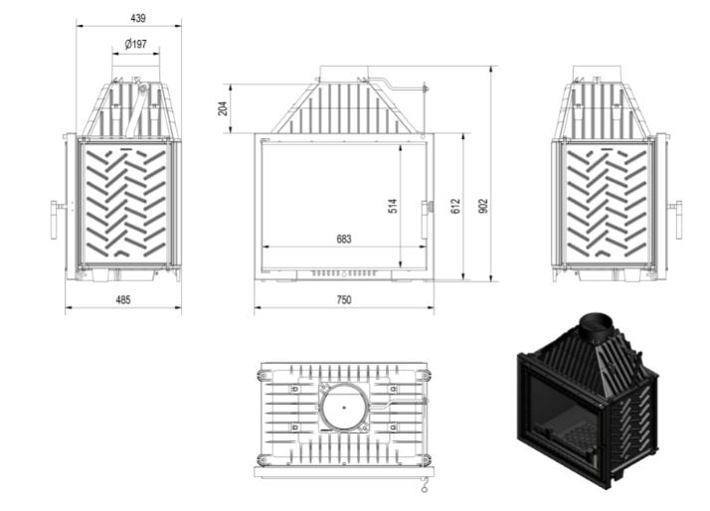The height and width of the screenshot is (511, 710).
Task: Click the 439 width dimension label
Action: tap(138, 18)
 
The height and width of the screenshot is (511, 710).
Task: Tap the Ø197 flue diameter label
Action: tap(136, 44)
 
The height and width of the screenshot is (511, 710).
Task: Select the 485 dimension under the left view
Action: tap(123, 299)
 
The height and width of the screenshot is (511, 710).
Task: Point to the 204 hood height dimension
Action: tap(223, 108)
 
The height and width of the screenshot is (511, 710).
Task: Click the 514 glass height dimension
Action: tap(393, 206)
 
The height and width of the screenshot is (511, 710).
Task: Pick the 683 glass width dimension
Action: tap(344, 239)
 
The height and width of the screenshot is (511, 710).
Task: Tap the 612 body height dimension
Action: tap(455, 206)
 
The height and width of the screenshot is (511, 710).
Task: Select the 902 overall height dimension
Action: tap(483, 206)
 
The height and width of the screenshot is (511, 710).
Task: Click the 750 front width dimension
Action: tap(344, 299)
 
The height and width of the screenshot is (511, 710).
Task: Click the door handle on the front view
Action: tap(426, 220)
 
